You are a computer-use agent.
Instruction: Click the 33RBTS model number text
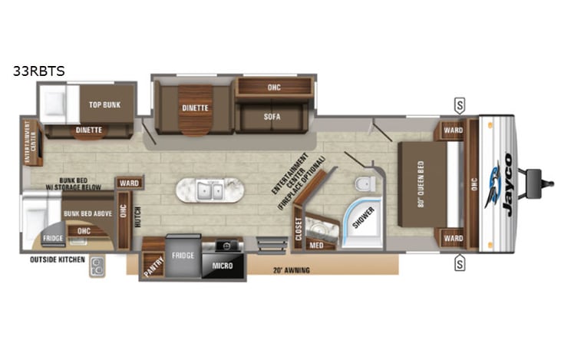point(38,71)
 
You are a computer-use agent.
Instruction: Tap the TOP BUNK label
point(105,105)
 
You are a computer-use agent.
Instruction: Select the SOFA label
point(272,117)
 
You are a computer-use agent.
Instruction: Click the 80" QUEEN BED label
point(421,183)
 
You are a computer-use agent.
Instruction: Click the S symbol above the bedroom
point(459,104)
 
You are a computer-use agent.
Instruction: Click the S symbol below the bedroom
point(459,265)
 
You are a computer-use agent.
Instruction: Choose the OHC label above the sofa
point(274,87)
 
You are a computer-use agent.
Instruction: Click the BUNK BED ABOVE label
point(84,213)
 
